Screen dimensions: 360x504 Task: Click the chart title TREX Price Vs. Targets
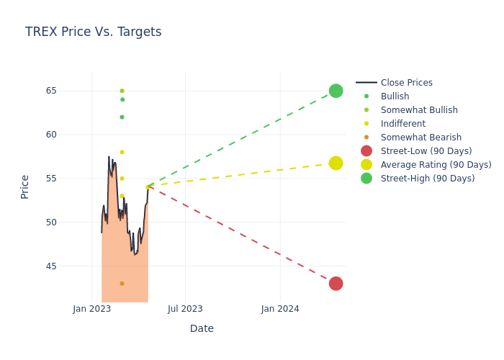pyautogui.click(x=93, y=32)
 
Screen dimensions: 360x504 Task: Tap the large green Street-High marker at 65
pyautogui.click(x=336, y=91)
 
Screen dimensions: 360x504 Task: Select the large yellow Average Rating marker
pyautogui.click(x=336, y=163)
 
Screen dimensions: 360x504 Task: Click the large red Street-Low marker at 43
pyautogui.click(x=336, y=284)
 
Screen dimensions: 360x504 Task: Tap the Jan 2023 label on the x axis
pyautogui.click(x=92, y=309)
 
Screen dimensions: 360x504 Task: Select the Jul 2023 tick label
pyautogui.click(x=185, y=309)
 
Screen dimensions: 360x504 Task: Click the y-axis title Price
pyautogui.click(x=24, y=186)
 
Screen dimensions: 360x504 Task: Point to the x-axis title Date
pyautogui.click(x=202, y=328)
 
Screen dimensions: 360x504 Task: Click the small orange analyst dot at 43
pyautogui.click(x=122, y=284)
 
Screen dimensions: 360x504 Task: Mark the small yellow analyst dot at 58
pyautogui.click(x=122, y=152)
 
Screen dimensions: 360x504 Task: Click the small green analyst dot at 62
pyautogui.click(x=122, y=117)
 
